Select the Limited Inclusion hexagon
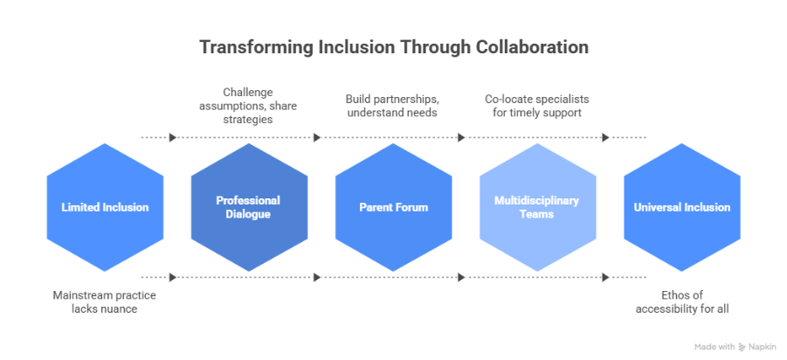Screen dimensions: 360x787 tap(105, 207)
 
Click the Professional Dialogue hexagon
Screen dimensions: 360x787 tap(249, 207)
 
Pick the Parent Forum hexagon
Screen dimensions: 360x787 tap(393, 207)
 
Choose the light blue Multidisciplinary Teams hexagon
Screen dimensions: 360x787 tap(537, 207)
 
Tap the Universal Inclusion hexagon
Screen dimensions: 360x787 tap(681, 207)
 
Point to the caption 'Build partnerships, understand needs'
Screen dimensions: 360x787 tap(393, 106)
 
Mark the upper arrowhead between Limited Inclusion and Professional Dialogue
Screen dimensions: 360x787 tap(173, 137)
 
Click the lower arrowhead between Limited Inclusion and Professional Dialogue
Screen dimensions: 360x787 tap(173, 277)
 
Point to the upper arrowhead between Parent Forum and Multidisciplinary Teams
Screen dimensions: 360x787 tap(461, 137)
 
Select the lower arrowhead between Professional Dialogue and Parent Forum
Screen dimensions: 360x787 tap(317, 277)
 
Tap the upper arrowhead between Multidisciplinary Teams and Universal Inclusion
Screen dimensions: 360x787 tap(605, 137)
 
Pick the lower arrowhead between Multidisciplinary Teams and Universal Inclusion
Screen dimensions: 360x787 tap(605, 277)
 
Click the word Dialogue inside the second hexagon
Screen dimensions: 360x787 tap(249, 214)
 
